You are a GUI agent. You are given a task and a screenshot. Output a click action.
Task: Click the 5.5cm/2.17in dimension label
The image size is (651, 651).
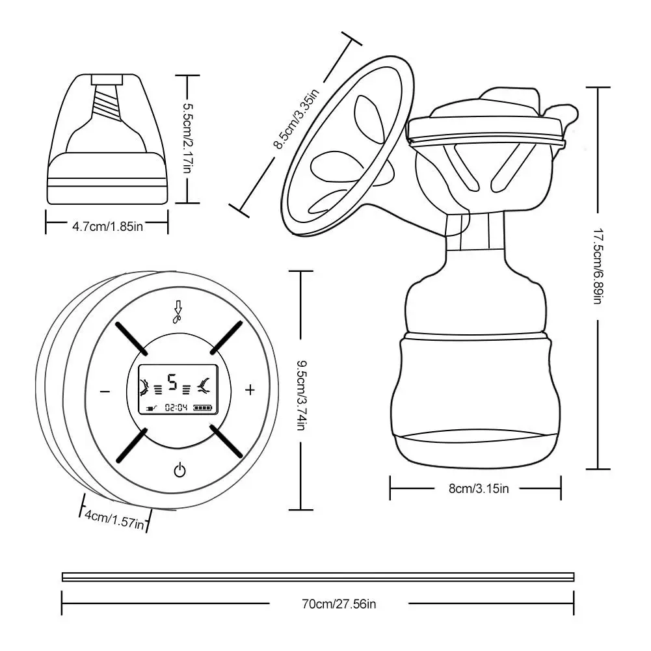click(x=187, y=139)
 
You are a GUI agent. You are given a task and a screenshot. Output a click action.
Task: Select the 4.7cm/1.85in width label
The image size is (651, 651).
click(x=107, y=226)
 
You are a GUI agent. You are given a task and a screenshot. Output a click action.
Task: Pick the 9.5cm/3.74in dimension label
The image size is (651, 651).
click(x=300, y=390)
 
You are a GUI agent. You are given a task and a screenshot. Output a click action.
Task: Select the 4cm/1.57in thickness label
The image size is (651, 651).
click(x=114, y=519)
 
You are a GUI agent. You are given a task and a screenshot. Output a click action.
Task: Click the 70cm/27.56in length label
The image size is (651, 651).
click(x=339, y=604)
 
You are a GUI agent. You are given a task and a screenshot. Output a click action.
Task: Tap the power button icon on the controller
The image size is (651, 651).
click(x=180, y=470)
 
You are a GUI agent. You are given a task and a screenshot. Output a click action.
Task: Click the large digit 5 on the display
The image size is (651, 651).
click(x=172, y=382)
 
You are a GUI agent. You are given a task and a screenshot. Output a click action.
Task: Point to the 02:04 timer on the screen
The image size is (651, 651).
click(x=176, y=408)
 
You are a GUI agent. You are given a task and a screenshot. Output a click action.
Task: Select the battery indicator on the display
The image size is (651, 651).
click(x=202, y=408)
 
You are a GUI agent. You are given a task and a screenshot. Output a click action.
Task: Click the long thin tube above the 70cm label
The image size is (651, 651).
click(x=318, y=576)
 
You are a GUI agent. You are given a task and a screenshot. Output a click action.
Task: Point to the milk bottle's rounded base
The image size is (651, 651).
click(x=475, y=449)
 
